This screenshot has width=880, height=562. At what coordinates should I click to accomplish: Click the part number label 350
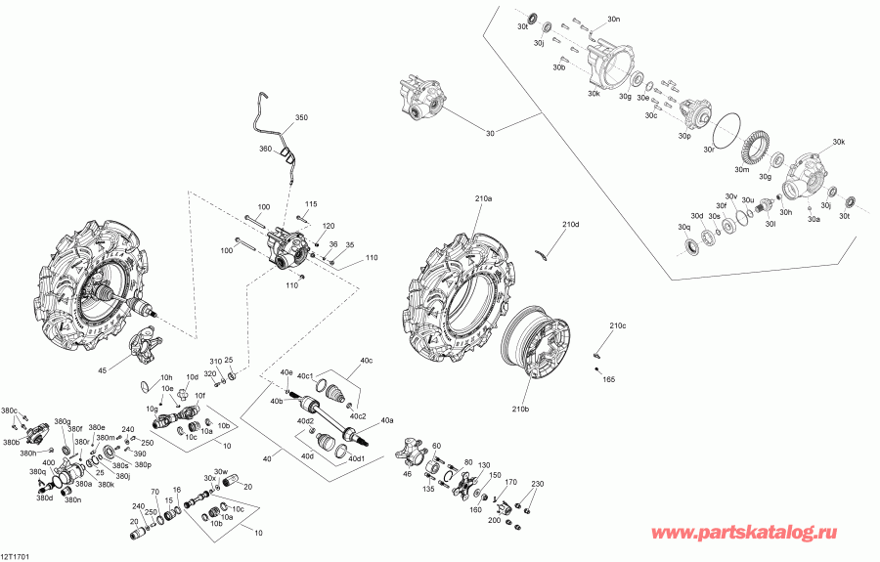301,118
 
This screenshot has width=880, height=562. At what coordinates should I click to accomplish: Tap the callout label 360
265,149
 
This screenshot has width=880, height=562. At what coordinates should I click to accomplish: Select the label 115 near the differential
311,204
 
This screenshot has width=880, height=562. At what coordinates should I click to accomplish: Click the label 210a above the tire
484,198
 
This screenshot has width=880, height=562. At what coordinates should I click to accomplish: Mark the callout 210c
617,325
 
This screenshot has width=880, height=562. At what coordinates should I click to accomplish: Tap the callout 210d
572,225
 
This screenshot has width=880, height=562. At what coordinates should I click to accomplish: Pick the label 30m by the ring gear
741,170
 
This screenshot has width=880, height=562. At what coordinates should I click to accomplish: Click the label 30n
613,20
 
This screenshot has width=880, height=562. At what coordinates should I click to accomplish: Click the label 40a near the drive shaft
387,420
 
